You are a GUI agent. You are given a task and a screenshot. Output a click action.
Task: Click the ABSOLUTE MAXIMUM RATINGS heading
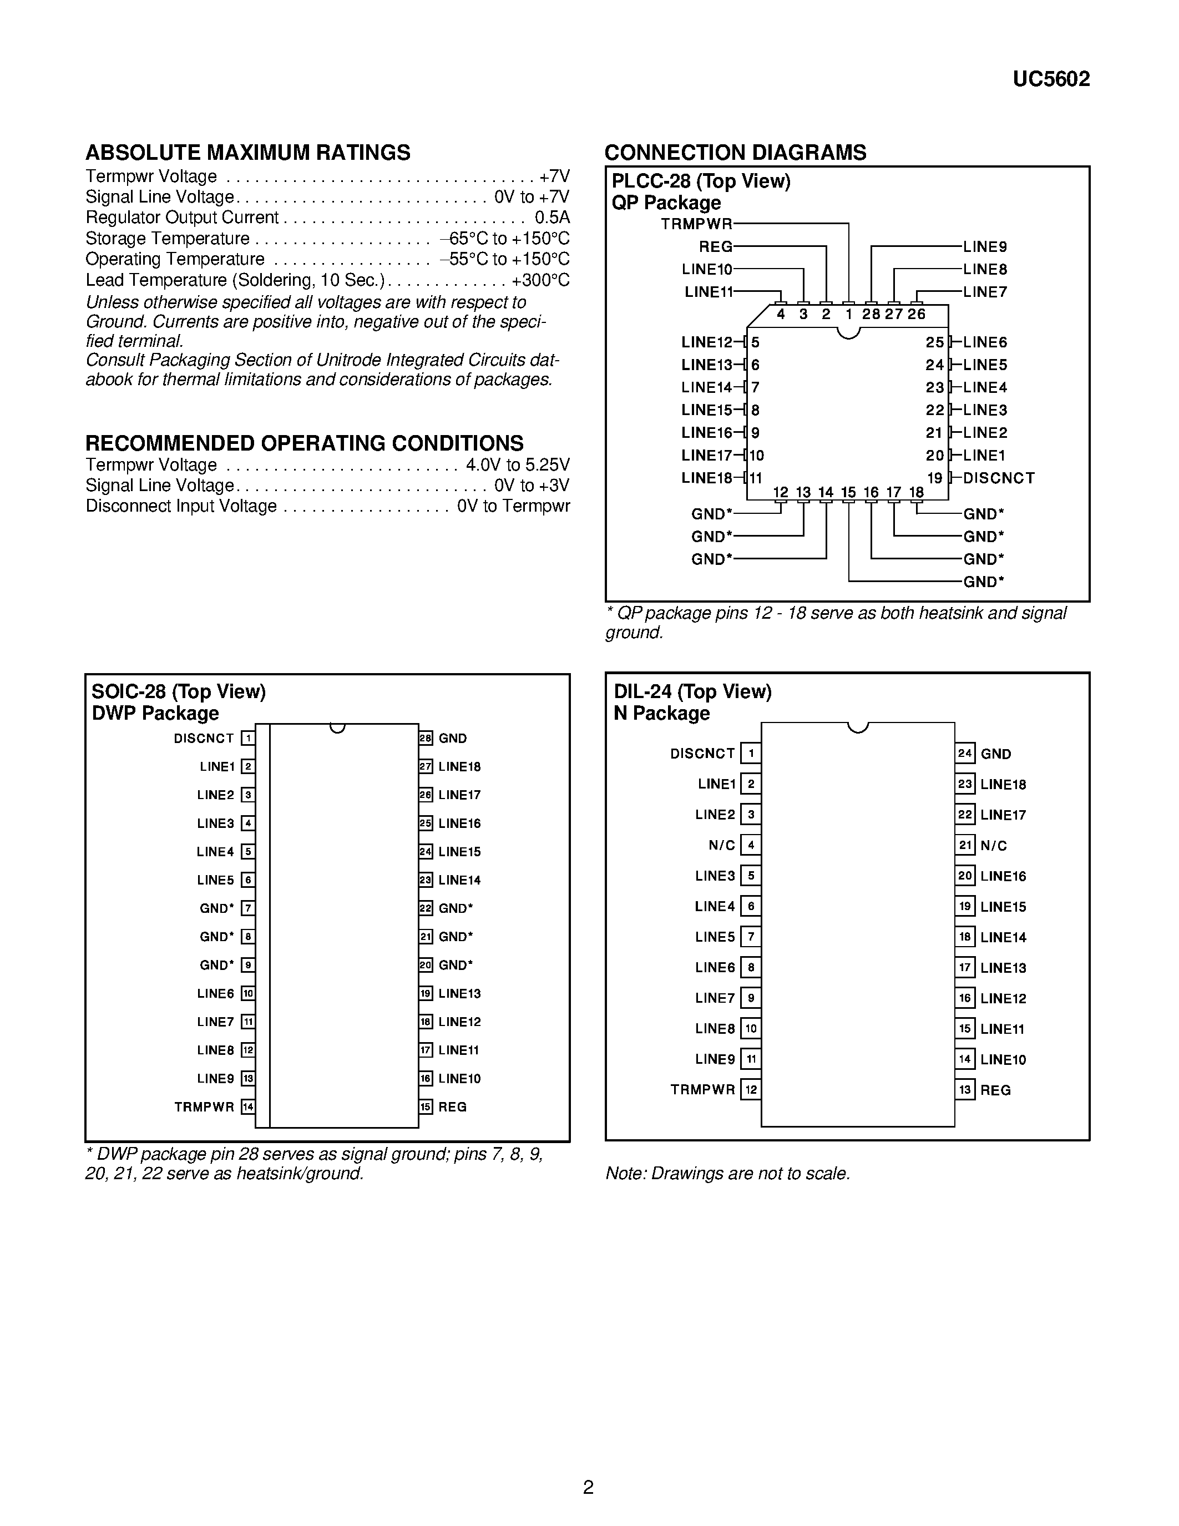pyautogui.click(x=248, y=152)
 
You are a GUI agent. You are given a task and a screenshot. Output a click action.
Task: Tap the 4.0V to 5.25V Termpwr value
pyautogui.click(x=518, y=464)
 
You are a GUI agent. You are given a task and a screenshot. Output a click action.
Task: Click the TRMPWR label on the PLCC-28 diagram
pyautogui.click(x=696, y=224)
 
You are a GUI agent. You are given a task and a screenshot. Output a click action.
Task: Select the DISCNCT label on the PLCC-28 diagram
pyautogui.click(x=998, y=478)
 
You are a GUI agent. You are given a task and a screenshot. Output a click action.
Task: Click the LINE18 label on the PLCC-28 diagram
pyautogui.click(x=706, y=478)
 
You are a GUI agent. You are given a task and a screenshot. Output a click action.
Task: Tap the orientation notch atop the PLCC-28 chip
pyautogui.click(x=848, y=332)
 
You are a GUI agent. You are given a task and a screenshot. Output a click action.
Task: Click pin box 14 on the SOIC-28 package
pyautogui.click(x=248, y=1107)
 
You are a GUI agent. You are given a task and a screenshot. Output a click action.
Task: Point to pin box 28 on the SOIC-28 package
pyautogui.click(x=426, y=738)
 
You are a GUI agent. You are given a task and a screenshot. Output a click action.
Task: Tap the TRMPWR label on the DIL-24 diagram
pyautogui.click(x=702, y=1090)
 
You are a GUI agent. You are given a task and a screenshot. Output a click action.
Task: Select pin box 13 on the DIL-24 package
pyautogui.click(x=965, y=1090)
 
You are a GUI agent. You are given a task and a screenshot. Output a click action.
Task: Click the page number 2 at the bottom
pyautogui.click(x=588, y=1487)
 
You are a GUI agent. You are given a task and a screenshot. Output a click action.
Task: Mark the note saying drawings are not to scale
pyautogui.click(x=727, y=1174)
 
